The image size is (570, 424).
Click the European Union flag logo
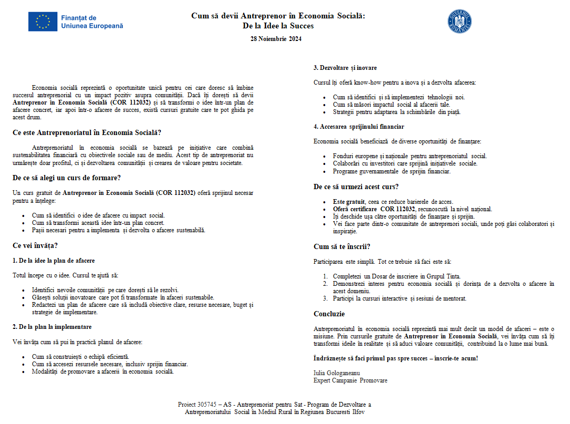[43, 22]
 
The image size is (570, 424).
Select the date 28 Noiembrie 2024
[276, 38]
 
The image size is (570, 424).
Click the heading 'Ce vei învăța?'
[35, 245]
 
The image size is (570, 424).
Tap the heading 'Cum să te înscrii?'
[341, 246]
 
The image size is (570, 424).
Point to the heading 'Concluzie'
[329, 314]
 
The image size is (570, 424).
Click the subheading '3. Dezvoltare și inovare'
[345, 68]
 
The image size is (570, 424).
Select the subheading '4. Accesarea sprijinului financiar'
[359, 127]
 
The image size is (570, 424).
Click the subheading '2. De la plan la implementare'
[52, 327]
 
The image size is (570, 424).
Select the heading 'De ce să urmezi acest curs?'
[356, 187]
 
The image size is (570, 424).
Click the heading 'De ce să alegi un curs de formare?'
[67, 178]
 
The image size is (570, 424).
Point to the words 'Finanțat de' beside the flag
[79, 18]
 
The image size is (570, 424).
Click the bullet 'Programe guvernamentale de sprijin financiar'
[391, 171]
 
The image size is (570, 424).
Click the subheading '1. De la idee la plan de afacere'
[54, 260]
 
